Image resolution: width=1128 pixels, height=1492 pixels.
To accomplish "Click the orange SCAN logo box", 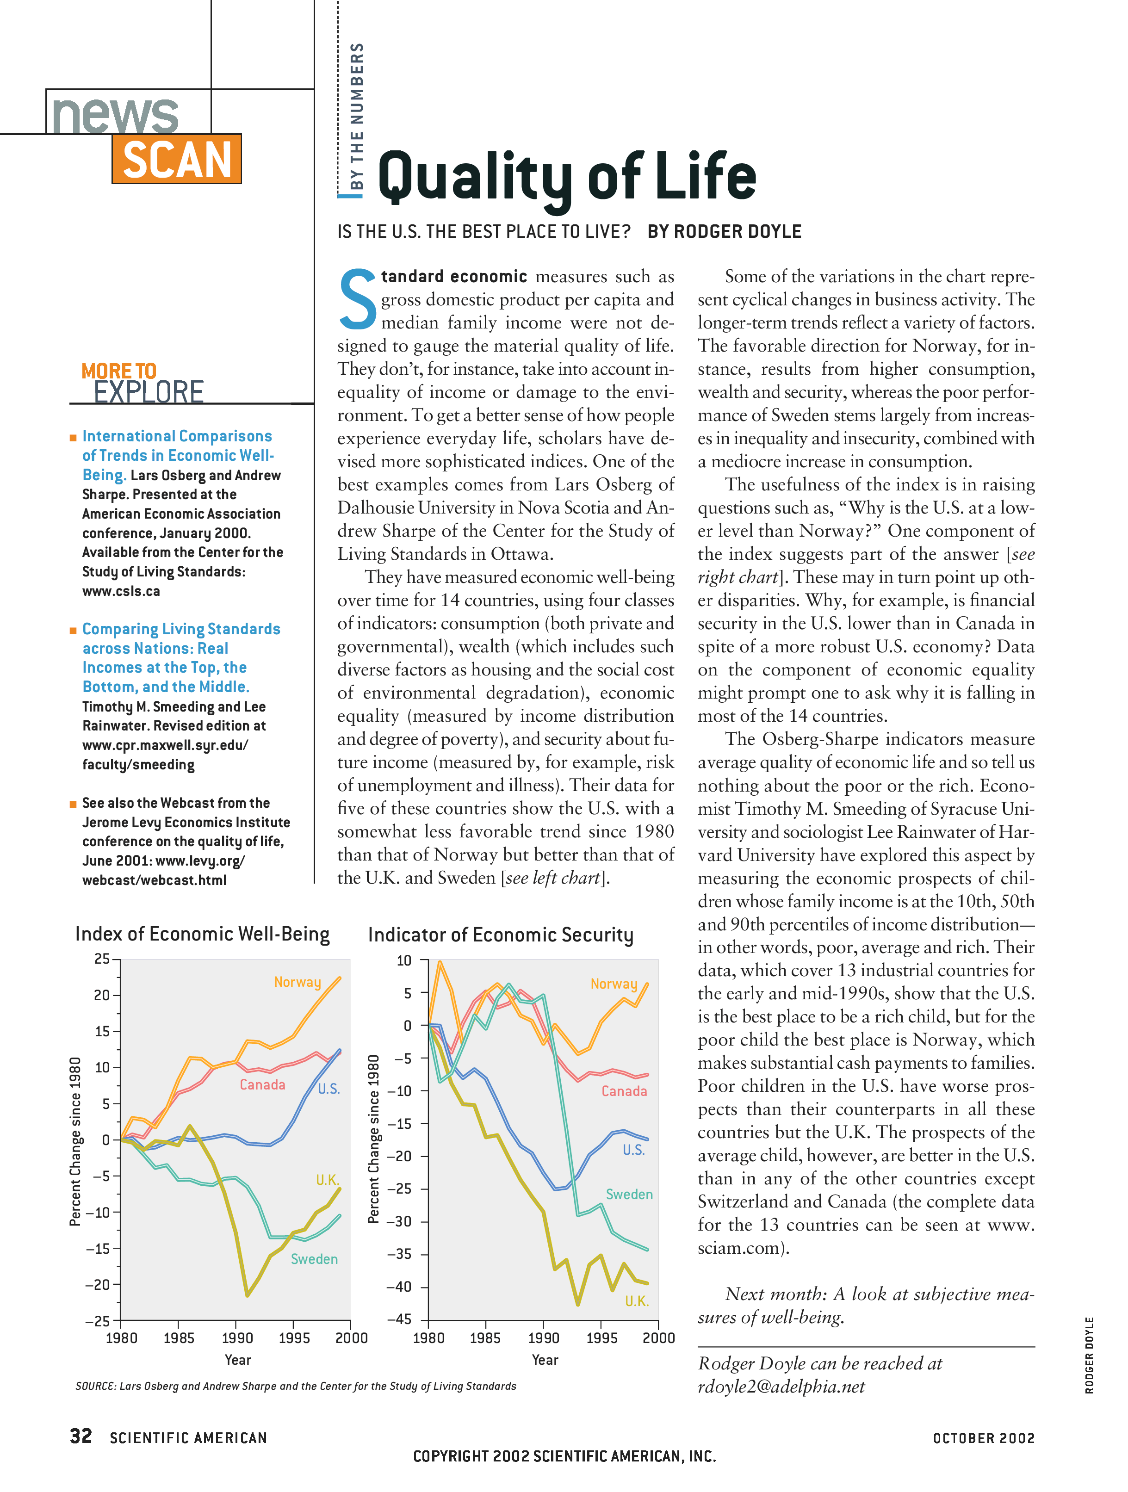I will [x=177, y=159].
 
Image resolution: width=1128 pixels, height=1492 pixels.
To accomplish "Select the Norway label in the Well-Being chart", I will [x=297, y=982].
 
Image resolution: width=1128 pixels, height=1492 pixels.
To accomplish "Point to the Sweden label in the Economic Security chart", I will [x=629, y=1195].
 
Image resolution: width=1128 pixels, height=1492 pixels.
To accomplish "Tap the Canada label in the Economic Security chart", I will [x=624, y=1091].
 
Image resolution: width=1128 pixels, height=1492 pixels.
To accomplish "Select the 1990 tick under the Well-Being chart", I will [x=237, y=1338].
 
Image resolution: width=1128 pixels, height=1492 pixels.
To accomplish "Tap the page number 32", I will [x=81, y=1436].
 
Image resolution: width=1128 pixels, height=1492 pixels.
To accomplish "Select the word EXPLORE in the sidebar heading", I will [x=149, y=392].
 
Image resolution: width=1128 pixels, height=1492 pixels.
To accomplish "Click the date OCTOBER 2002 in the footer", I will [x=983, y=1438].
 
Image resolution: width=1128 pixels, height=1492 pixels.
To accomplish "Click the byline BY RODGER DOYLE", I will [x=724, y=232].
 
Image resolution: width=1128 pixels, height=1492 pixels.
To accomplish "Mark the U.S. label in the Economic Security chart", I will [x=633, y=1150].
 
